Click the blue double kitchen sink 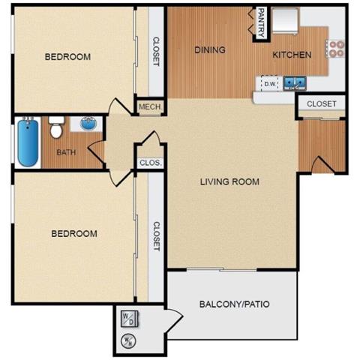coord(292,82)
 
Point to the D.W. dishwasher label coord(269,84)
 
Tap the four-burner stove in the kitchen coord(335,49)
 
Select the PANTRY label coord(260,21)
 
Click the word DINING coord(210,50)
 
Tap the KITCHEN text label coord(291,55)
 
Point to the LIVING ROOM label coord(229,181)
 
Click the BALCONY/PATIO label coord(234,304)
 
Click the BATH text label coord(67,153)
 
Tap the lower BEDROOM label coord(74,233)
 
